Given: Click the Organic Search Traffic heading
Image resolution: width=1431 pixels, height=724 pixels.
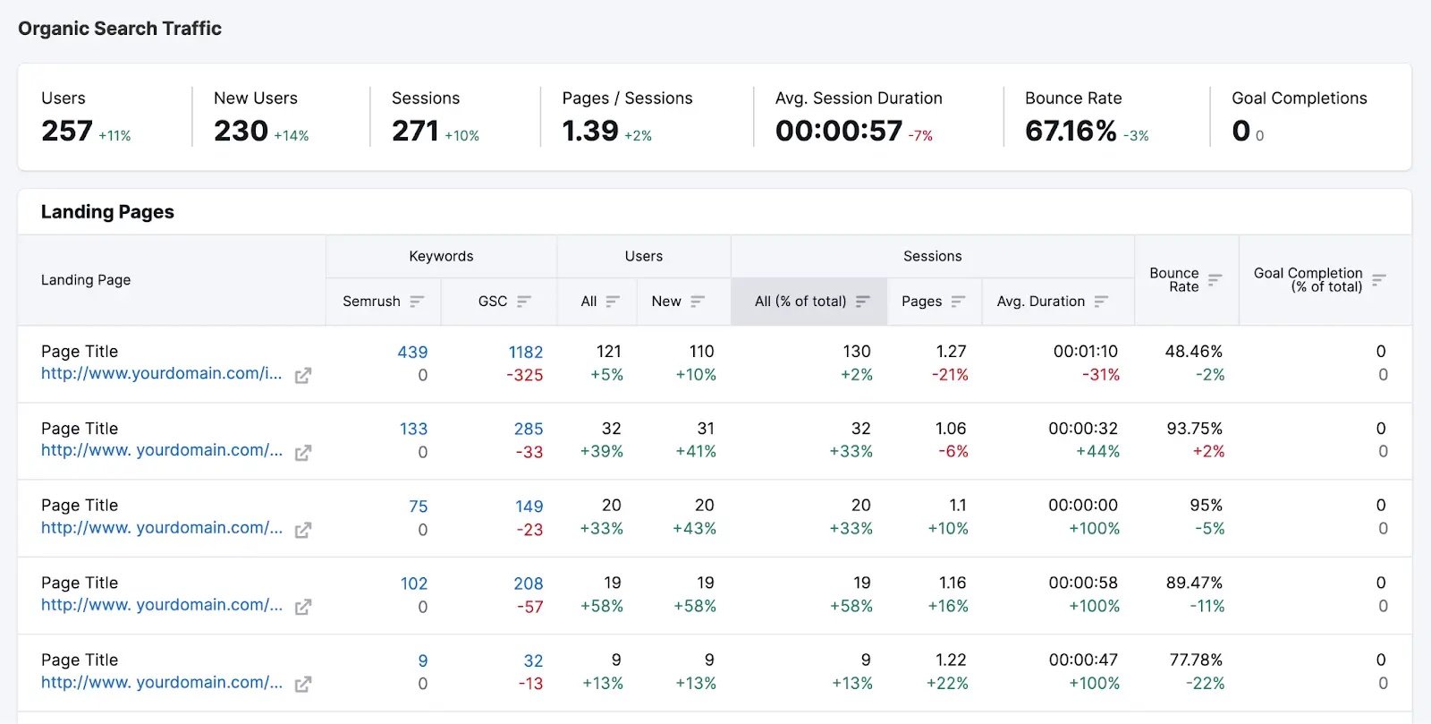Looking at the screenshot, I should [120, 29].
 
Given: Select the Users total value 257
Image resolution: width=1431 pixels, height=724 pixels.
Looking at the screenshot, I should [67, 131].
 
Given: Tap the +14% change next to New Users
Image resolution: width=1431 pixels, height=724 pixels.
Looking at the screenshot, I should [292, 136].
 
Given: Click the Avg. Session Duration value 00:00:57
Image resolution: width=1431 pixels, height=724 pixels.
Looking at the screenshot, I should [839, 131].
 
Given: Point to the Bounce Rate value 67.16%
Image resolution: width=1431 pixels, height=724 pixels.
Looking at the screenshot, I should [1071, 131].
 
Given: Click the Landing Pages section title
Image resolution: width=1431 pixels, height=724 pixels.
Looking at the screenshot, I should [107, 212].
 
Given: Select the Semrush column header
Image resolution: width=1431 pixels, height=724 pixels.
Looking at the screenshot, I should [371, 302].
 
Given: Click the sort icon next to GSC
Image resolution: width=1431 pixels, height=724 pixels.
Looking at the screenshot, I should [524, 302].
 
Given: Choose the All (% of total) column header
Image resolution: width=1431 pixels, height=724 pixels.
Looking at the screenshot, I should [800, 302].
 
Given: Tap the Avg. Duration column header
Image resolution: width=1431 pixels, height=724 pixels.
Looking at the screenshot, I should [1040, 302].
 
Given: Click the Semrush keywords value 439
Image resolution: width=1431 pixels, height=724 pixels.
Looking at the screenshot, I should [412, 353].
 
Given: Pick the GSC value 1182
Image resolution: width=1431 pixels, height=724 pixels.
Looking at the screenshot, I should [526, 353].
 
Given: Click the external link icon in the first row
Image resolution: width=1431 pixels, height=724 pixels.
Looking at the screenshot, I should [303, 376].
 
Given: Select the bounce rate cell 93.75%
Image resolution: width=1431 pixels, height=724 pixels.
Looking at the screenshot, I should [1194, 429].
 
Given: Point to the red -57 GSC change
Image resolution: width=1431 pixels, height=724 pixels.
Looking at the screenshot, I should [529, 607].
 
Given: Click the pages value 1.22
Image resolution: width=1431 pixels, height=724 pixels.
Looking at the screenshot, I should [951, 660].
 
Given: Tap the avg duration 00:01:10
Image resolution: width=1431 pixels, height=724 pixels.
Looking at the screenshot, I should [1085, 352].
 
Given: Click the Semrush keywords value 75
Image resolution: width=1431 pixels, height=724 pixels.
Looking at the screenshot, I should [418, 507].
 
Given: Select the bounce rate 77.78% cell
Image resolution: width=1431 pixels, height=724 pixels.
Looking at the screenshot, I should [1196, 660].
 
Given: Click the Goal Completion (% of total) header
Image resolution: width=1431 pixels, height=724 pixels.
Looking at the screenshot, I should [1308, 279].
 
